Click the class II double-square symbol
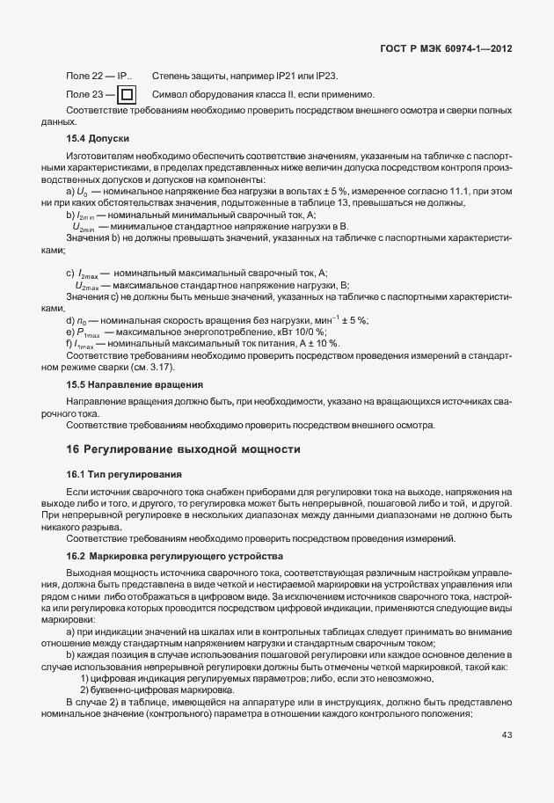coord(127,95)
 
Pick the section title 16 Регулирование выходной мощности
coord(184,449)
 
